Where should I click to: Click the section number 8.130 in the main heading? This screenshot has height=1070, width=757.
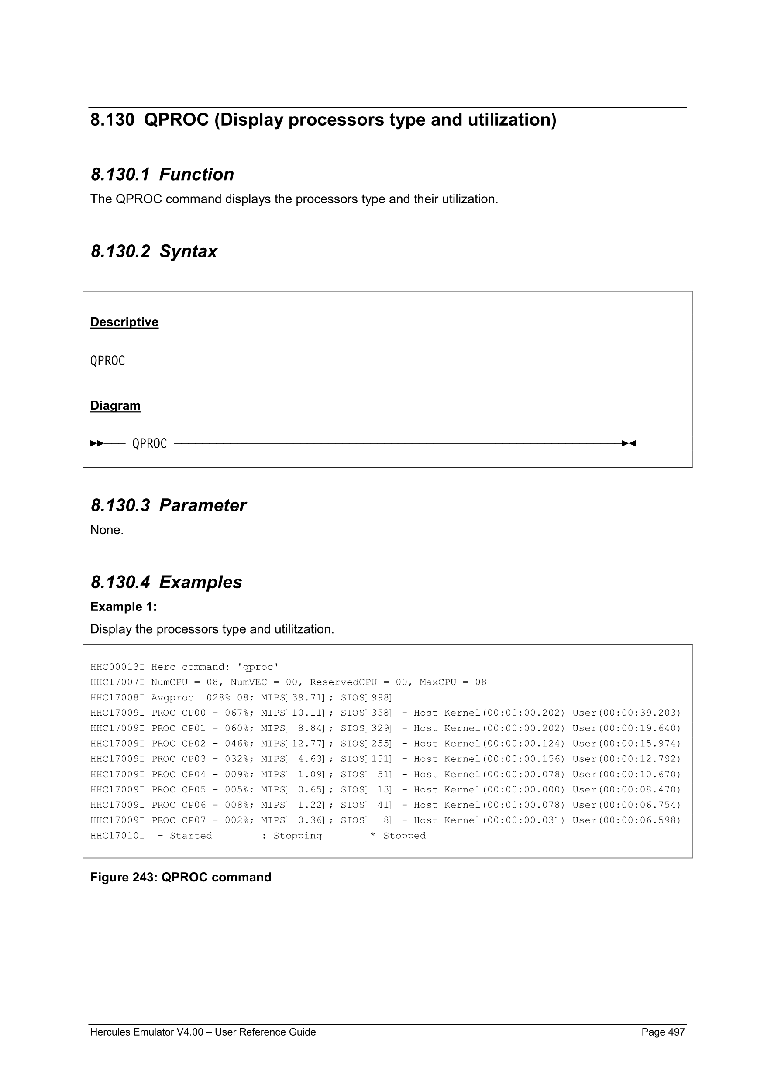[112, 120]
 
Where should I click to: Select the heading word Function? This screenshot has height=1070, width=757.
[196, 175]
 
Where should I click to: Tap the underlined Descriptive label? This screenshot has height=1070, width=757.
[124, 322]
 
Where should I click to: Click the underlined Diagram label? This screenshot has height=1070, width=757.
[115, 405]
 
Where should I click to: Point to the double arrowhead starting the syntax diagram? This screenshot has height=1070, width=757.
[97, 443]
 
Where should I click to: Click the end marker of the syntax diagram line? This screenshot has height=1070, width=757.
[629, 443]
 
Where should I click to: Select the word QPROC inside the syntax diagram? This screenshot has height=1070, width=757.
[149, 443]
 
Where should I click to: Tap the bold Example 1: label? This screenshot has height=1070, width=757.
[124, 606]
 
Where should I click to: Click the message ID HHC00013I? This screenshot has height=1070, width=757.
[117, 667]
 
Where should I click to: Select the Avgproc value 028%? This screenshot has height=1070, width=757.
[218, 698]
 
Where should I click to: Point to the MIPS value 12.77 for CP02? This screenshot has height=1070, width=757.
[307, 744]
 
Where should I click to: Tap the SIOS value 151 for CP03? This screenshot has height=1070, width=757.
[380, 759]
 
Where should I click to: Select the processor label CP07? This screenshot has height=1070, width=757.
[193, 821]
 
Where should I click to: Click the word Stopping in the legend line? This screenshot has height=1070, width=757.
[297, 836]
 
